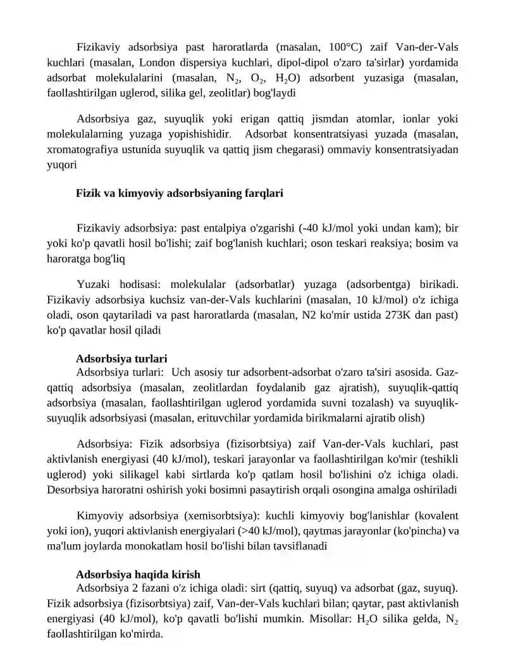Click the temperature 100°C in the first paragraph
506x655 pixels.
[x=345, y=47]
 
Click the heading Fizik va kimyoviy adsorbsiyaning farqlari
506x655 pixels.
[x=179, y=193]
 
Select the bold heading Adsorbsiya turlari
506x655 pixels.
[x=121, y=359]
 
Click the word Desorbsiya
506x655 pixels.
[x=73, y=489]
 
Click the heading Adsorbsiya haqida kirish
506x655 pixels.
[x=138, y=574]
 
